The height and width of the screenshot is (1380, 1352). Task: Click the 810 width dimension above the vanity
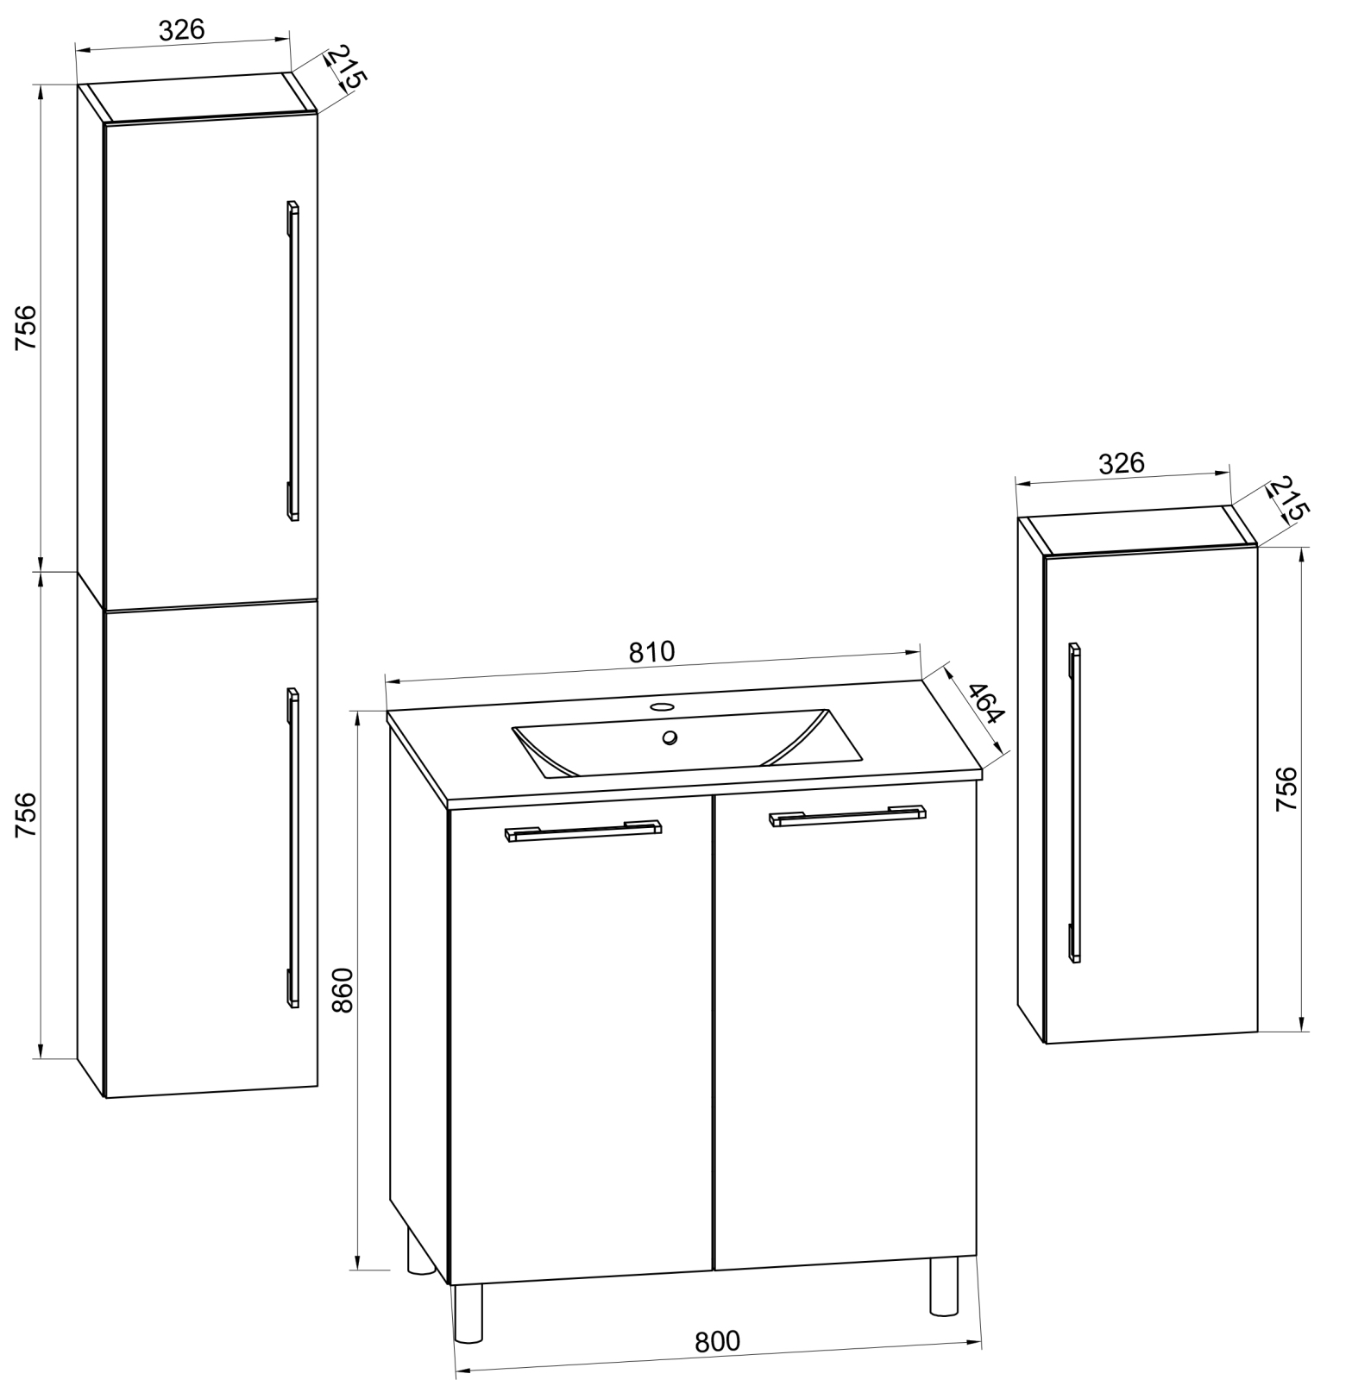tap(651, 651)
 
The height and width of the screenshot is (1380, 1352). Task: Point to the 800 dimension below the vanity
tap(717, 1340)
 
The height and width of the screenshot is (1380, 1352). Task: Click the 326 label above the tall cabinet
tap(182, 29)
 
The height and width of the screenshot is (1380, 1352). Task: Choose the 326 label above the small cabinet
tap(1121, 463)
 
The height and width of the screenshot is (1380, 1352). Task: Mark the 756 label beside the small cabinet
tap(1286, 787)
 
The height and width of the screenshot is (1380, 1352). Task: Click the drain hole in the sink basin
tap(670, 737)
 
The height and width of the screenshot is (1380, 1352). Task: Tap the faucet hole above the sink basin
tap(662, 706)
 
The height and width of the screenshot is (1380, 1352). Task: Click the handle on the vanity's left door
tap(582, 831)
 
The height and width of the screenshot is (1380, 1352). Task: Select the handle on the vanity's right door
tap(847, 816)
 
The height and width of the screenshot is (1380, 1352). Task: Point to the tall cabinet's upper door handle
tap(292, 361)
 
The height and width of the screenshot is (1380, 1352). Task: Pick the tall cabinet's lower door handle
tap(292, 848)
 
